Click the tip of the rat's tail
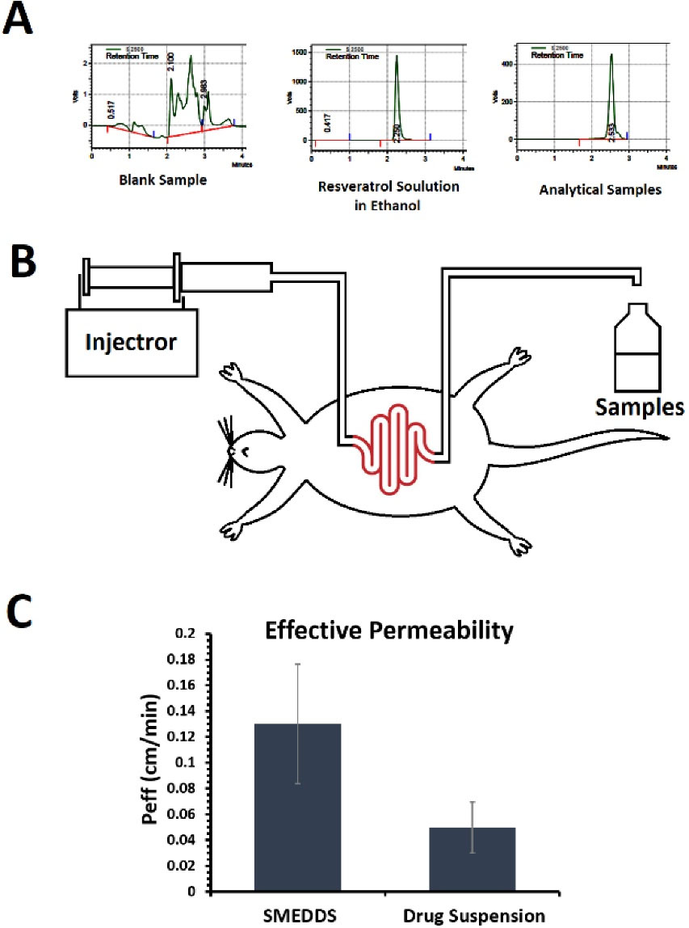click(667, 438)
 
